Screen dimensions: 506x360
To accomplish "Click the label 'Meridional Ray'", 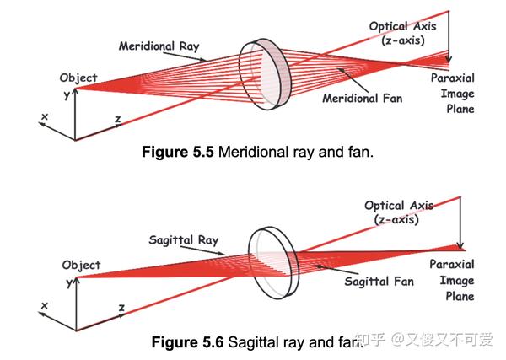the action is [x=159, y=46].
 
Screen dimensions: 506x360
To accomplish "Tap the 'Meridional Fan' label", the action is [x=363, y=99].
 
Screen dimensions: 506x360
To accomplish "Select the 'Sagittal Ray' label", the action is [x=183, y=240].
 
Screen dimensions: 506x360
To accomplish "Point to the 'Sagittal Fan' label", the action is [x=379, y=282].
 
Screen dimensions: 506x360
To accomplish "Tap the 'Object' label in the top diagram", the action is [x=78, y=78].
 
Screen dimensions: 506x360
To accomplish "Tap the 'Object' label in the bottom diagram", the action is [x=81, y=265].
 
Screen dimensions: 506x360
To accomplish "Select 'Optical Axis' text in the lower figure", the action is [x=399, y=206].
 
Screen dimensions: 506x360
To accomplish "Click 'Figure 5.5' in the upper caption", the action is [x=180, y=153].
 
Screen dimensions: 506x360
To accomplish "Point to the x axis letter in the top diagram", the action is [x=44, y=116].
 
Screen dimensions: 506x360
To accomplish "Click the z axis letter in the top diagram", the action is [x=117, y=120].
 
